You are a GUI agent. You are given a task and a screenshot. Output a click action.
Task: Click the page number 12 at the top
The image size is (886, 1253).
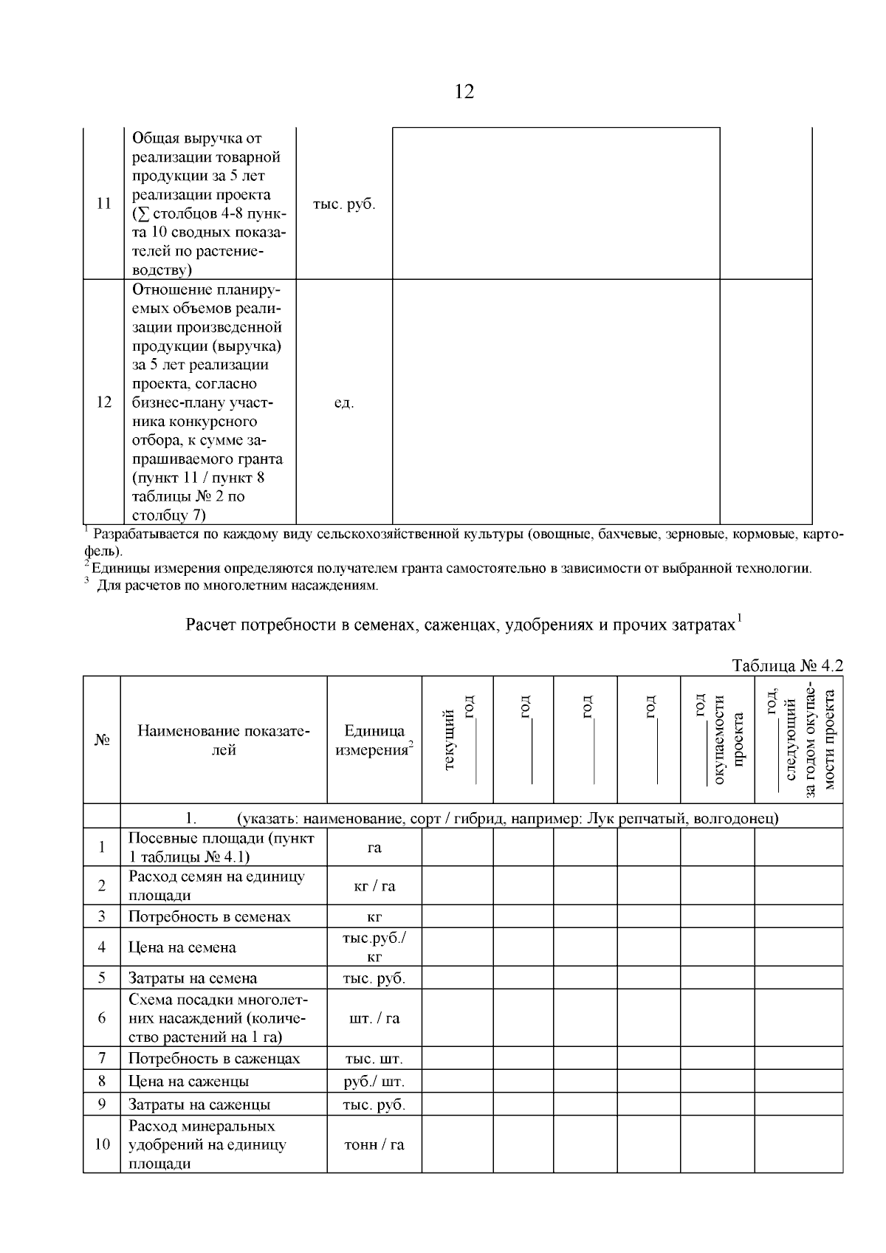[x=464, y=92]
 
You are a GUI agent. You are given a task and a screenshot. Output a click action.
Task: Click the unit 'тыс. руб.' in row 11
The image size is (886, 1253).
[x=343, y=205]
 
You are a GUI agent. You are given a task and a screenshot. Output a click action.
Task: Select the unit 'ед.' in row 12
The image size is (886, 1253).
[x=343, y=403]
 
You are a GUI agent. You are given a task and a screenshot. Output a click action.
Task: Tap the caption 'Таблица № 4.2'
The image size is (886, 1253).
[x=786, y=665]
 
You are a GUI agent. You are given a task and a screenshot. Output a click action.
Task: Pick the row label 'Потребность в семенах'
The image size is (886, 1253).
[x=210, y=916]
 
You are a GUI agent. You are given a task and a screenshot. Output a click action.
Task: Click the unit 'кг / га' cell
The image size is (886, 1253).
[x=374, y=885]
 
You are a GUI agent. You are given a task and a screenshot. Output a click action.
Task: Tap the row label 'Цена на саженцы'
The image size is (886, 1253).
[x=189, y=1081]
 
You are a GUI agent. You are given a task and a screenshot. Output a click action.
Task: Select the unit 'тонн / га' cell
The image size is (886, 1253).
[x=374, y=1144]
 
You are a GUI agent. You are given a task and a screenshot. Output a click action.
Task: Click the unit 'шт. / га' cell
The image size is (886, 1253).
[x=374, y=1018]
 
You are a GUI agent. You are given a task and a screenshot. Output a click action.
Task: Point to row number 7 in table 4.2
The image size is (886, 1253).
[x=102, y=1058]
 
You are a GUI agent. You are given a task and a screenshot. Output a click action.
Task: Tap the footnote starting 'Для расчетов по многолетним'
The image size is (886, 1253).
[x=236, y=586]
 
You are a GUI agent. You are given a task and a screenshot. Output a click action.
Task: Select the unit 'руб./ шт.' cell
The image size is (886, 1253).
[x=374, y=1081]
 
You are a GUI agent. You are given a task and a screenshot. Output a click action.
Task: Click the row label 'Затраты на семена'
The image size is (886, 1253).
[x=193, y=978]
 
